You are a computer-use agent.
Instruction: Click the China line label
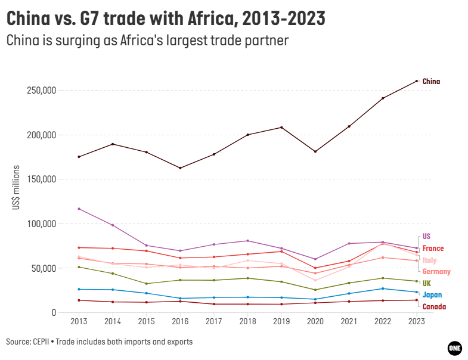[431, 81]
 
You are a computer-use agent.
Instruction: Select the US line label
[426, 236]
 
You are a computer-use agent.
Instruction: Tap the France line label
[433, 248]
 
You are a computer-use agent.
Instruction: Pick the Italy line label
[429, 260]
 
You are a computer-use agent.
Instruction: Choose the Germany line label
[436, 271]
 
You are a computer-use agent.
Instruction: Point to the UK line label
[426, 283]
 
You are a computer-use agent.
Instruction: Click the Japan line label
[432, 294]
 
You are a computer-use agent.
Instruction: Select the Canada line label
[434, 306]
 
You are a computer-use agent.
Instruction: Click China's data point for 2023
[417, 81]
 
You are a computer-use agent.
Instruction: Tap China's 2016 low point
[180, 168]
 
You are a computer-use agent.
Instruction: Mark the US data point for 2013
[79, 209]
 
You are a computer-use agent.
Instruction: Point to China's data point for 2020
[315, 151]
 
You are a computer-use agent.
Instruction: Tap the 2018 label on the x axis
[247, 322]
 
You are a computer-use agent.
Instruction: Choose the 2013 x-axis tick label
[79, 322]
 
